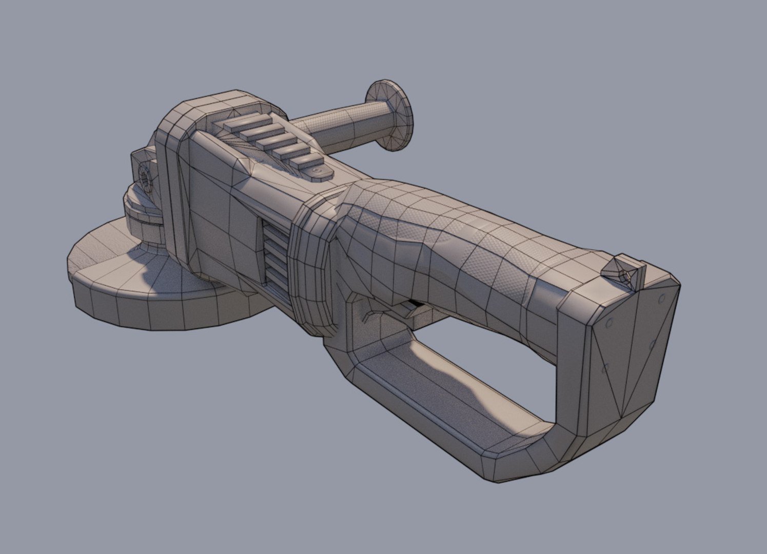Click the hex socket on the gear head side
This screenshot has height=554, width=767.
144,177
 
